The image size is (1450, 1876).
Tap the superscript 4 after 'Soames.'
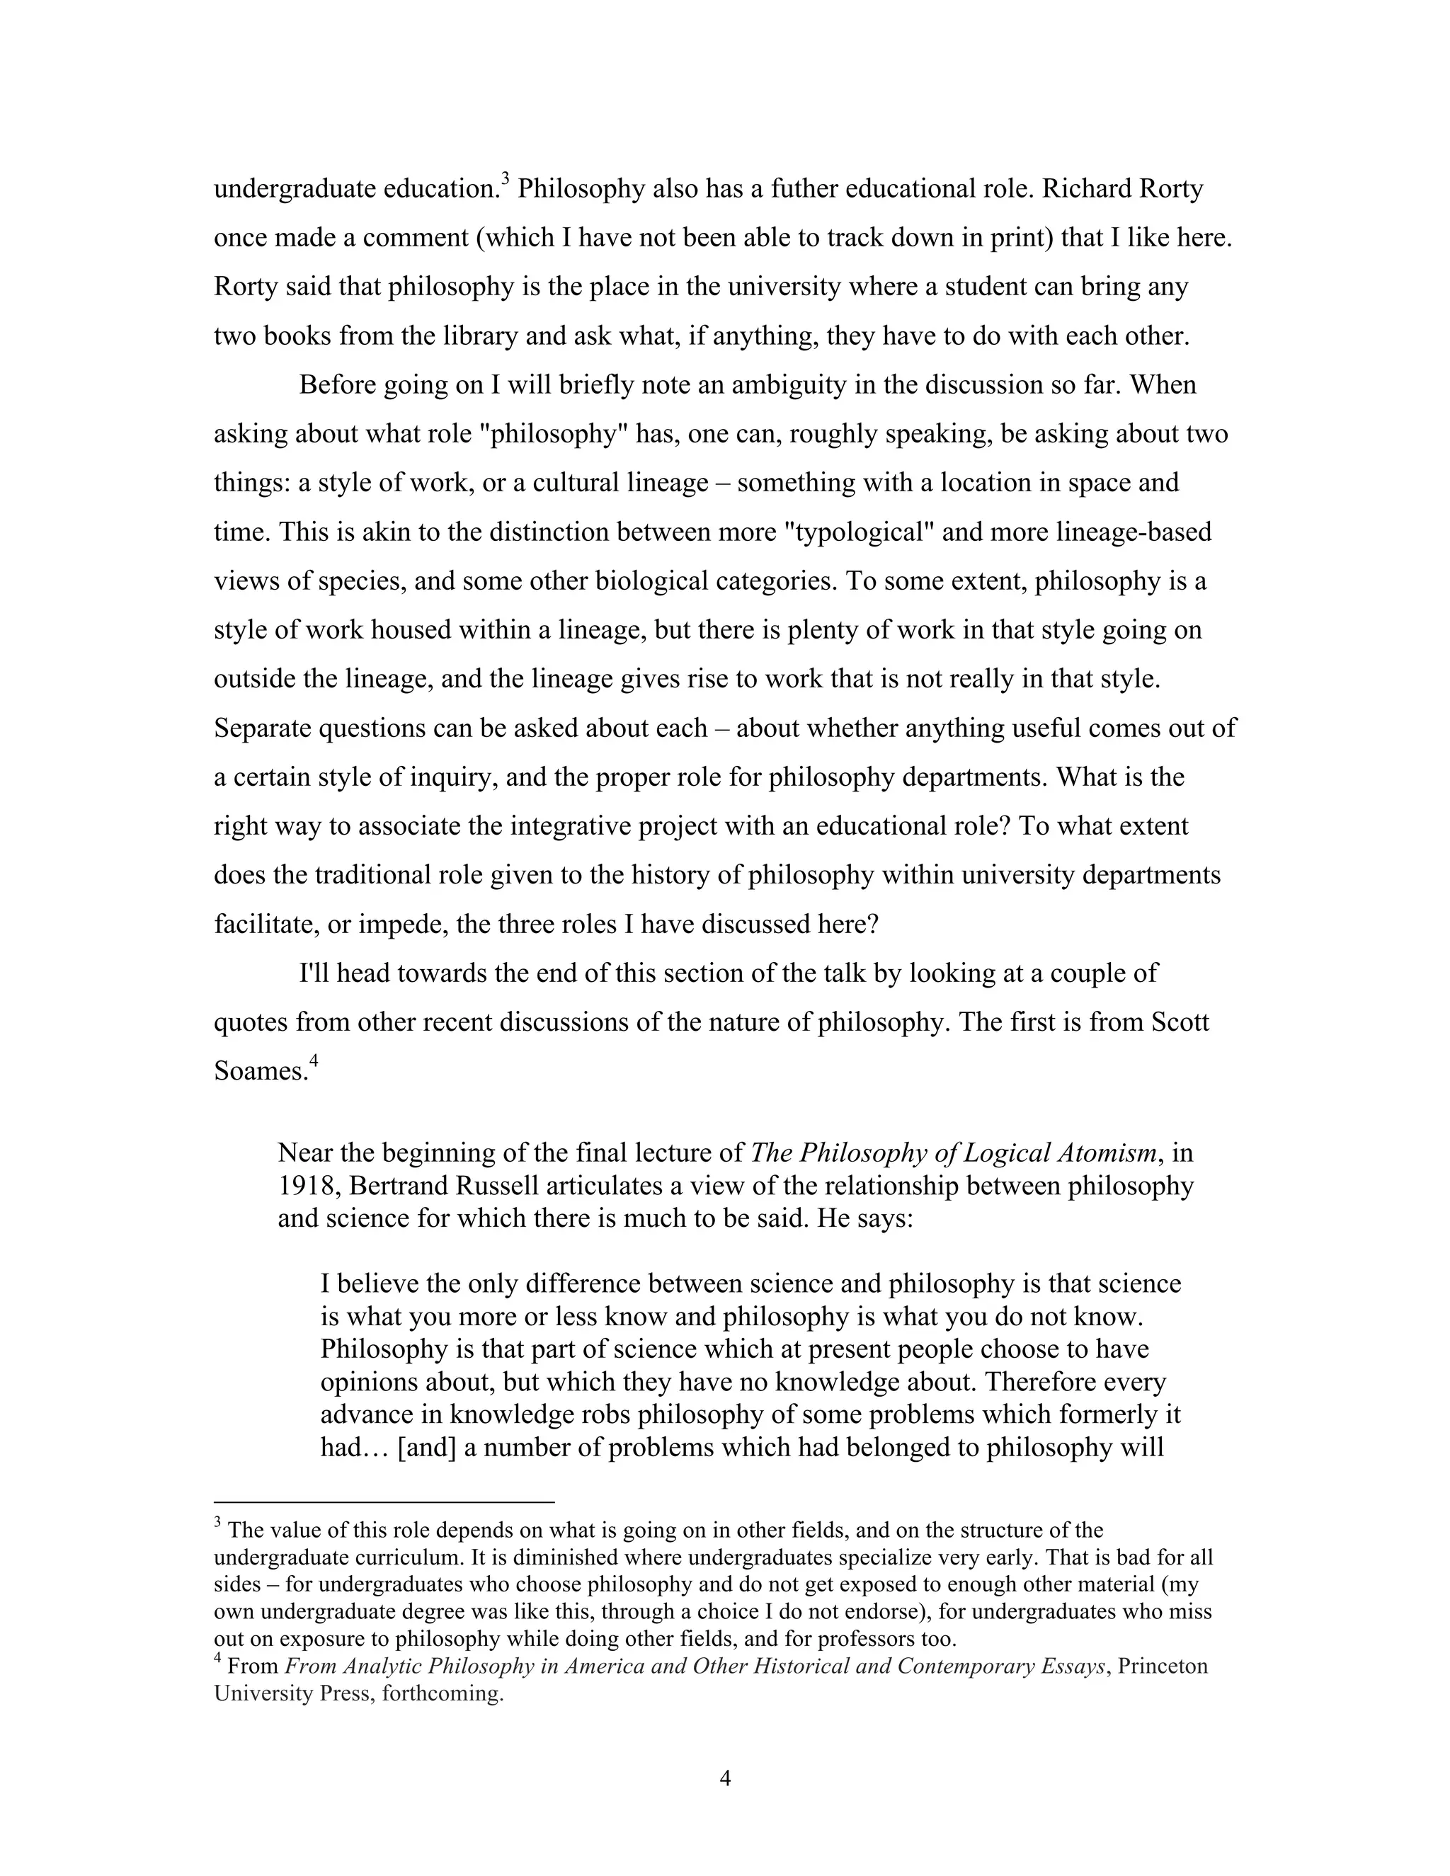tap(314, 1062)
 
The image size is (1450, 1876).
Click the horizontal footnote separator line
tap(384, 1502)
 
